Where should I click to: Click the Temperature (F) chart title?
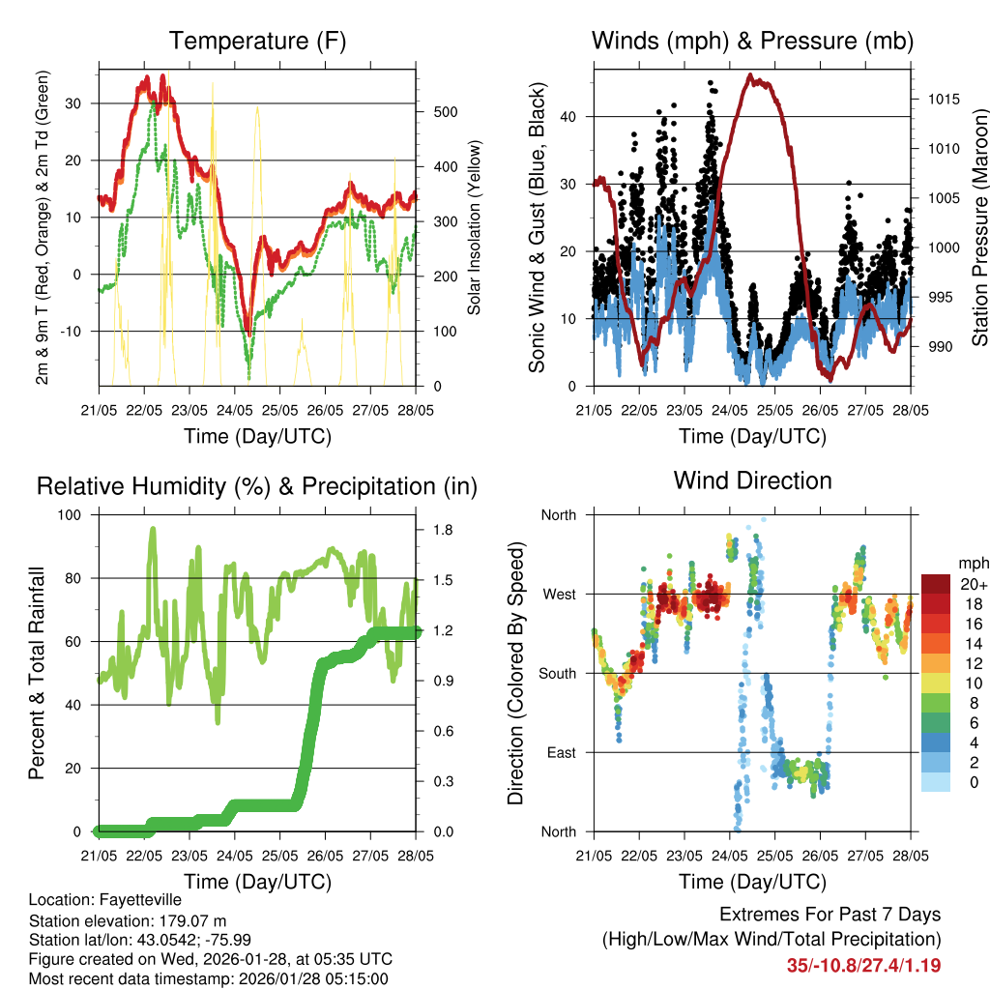[257, 42]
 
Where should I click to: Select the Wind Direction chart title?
[752, 480]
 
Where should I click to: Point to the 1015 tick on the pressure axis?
[938, 99]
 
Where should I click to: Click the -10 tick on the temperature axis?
[73, 331]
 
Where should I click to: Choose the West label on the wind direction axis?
[558, 594]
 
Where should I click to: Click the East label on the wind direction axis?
[560, 752]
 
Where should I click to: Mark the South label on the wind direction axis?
[557, 673]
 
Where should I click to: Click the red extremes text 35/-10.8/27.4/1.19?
[863, 965]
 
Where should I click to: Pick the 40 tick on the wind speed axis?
[568, 116]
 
